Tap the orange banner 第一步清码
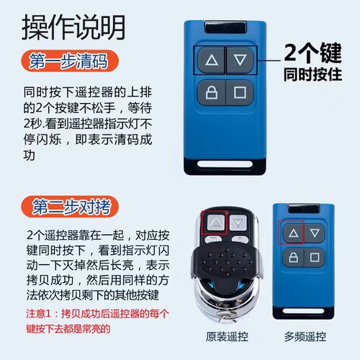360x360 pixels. (69, 62)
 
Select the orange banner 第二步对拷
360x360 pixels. (69, 208)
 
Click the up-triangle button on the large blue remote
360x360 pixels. (211, 60)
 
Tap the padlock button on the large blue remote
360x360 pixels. (211, 92)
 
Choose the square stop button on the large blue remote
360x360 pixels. (240, 92)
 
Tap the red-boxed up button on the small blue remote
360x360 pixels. (292, 233)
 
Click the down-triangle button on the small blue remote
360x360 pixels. (313, 233)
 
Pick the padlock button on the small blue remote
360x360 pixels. (292, 256)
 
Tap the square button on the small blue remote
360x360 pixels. (313, 256)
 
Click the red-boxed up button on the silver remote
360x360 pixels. (214, 224)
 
